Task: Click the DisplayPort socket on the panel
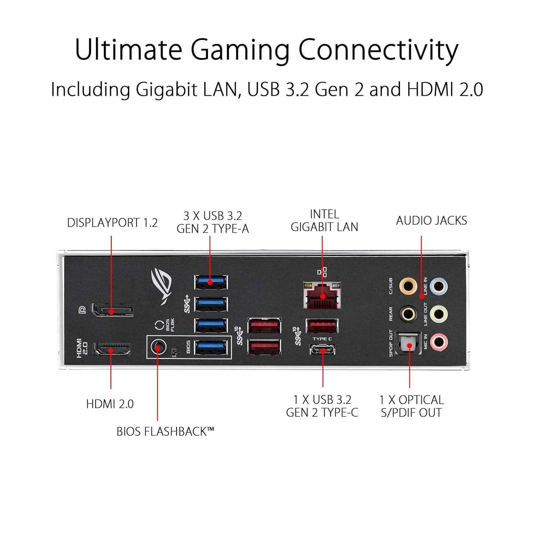(x=113, y=310)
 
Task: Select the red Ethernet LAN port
(x=322, y=296)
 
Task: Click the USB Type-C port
(x=322, y=350)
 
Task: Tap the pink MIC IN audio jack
(x=439, y=342)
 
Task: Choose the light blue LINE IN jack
(x=439, y=286)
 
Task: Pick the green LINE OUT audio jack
(x=439, y=314)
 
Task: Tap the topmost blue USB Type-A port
(x=211, y=282)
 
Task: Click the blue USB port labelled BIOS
(x=211, y=347)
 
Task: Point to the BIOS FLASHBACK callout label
(x=165, y=432)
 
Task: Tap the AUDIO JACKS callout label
(x=432, y=221)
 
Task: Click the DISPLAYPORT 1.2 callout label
(x=112, y=223)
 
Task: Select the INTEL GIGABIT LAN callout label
(x=324, y=221)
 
